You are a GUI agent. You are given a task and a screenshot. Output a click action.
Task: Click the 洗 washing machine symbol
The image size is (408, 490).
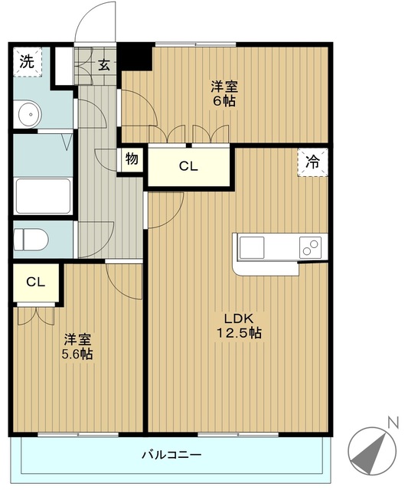point(27,63)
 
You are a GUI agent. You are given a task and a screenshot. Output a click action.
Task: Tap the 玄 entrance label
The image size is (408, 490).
point(103,64)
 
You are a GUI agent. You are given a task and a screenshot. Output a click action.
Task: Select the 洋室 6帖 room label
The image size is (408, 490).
point(224,93)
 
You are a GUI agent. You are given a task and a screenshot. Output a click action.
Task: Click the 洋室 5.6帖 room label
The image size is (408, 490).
point(77,346)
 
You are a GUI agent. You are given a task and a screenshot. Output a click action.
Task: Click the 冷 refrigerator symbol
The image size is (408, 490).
point(312,162)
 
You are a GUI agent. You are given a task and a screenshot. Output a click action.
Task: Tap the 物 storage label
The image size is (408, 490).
point(131,160)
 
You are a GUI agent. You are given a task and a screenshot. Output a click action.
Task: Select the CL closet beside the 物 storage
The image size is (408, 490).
point(188,166)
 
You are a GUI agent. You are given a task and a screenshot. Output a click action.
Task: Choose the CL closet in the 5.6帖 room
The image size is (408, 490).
point(36,282)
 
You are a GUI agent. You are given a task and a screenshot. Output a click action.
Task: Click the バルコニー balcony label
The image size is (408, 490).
point(171,455)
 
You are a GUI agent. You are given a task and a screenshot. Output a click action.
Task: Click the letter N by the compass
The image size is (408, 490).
point(393,421)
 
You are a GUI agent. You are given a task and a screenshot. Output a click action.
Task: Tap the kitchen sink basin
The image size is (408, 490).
point(253,248)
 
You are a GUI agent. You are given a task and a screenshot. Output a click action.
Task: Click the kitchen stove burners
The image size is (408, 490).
point(310,247)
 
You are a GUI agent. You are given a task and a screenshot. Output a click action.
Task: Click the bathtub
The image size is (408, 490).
point(43,196)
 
